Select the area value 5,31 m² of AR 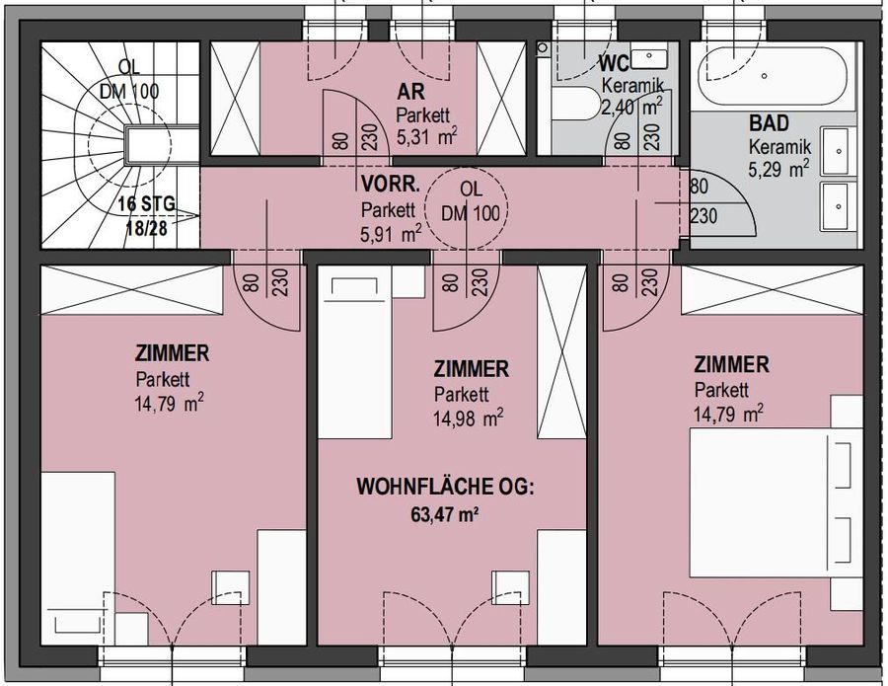coord(426,137)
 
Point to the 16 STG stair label coord(146,204)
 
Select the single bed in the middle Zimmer coord(359,355)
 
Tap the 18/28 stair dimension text coord(147,226)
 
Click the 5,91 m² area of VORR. coord(391,233)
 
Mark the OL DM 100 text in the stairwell coord(129,79)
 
